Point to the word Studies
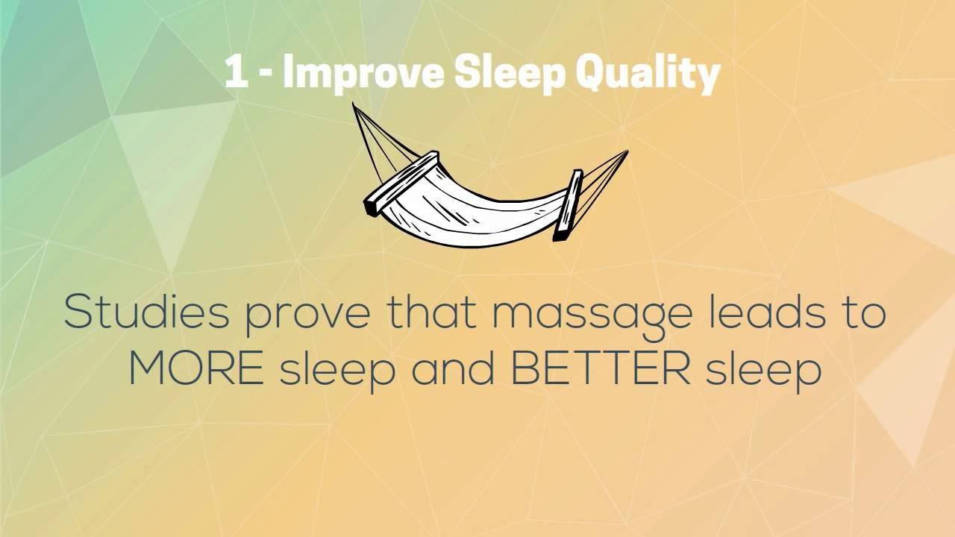click(147, 312)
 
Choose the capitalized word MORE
click(196, 368)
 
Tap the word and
click(453, 368)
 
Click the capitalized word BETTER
click(600, 368)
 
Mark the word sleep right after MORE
click(336, 372)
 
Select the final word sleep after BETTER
click(763, 372)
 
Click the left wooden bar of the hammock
click(401, 183)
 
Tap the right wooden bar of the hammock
click(568, 205)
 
